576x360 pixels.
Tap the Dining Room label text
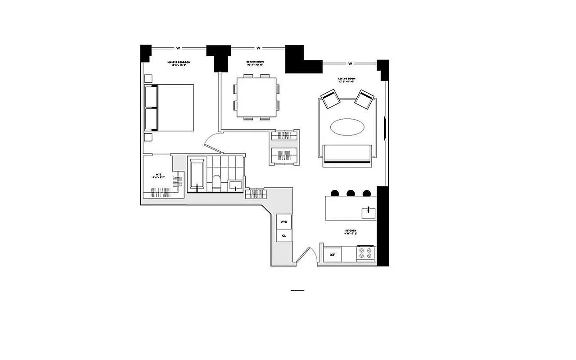tap(255, 63)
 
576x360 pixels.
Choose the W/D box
tap(284, 222)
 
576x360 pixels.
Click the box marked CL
tap(284, 235)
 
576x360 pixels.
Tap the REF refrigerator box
tap(332, 255)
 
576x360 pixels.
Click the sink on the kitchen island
tap(368, 210)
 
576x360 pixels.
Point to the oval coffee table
tap(347, 127)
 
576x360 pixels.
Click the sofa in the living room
tap(347, 154)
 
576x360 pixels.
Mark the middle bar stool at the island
tap(351, 193)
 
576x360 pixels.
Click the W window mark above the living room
tap(350, 63)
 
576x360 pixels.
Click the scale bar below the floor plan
tap(297, 291)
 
